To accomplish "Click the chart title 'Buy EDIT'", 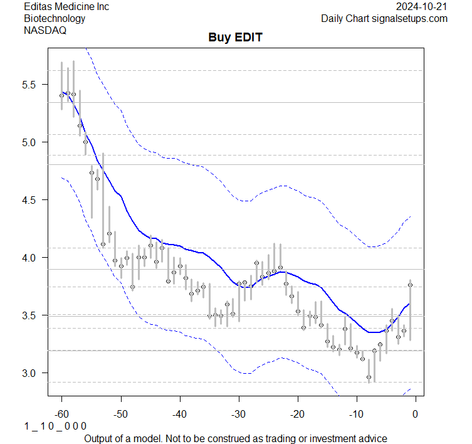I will click(x=235, y=38).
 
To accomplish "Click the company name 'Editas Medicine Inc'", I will click(x=66, y=6).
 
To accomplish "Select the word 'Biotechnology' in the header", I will click(x=55, y=18).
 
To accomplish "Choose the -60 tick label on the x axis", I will click(x=62, y=414).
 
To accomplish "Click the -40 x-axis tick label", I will click(x=180, y=414).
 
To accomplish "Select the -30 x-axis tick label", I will click(x=239, y=414).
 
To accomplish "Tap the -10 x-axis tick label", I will click(x=357, y=414).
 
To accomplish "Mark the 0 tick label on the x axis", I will click(x=415, y=414).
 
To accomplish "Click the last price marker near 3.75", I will click(x=410, y=285).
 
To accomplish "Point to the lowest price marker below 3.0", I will click(x=369, y=378).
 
